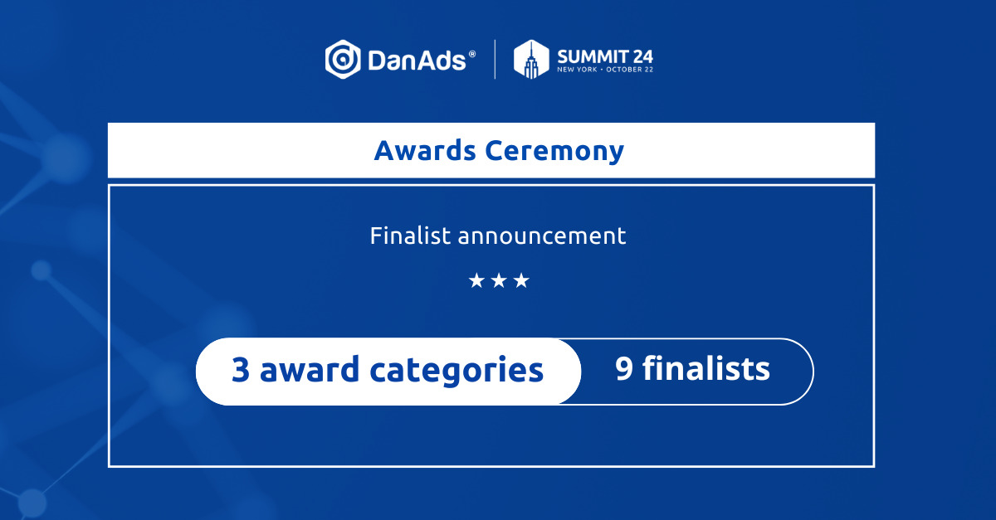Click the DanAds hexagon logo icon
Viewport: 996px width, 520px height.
point(343,59)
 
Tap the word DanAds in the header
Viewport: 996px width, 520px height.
point(417,61)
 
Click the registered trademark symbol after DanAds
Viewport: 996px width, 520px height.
point(471,54)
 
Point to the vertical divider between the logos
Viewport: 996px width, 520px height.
point(495,59)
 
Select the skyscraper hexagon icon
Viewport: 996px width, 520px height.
point(531,59)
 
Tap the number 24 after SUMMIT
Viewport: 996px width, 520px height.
point(643,57)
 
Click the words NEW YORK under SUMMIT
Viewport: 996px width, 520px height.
point(577,70)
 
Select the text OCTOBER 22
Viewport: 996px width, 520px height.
point(630,70)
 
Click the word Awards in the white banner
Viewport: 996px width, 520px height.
point(425,150)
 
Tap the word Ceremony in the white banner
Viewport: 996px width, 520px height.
point(554,152)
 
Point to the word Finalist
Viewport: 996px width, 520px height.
point(410,235)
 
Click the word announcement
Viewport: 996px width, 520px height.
point(542,236)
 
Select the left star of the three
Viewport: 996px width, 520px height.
point(476,281)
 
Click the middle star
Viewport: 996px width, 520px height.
point(499,281)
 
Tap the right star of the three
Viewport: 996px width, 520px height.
point(521,281)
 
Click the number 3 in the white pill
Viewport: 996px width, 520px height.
point(241,369)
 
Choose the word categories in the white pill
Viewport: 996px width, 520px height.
point(456,372)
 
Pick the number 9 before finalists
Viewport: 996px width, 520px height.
point(624,368)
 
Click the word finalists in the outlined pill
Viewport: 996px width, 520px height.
point(706,367)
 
